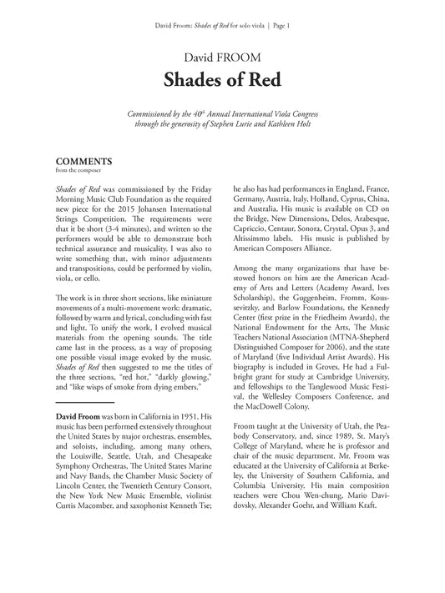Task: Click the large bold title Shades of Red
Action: point(222,81)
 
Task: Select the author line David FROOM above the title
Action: point(222,57)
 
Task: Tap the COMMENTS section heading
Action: point(83,163)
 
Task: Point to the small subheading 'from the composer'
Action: point(75,173)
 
